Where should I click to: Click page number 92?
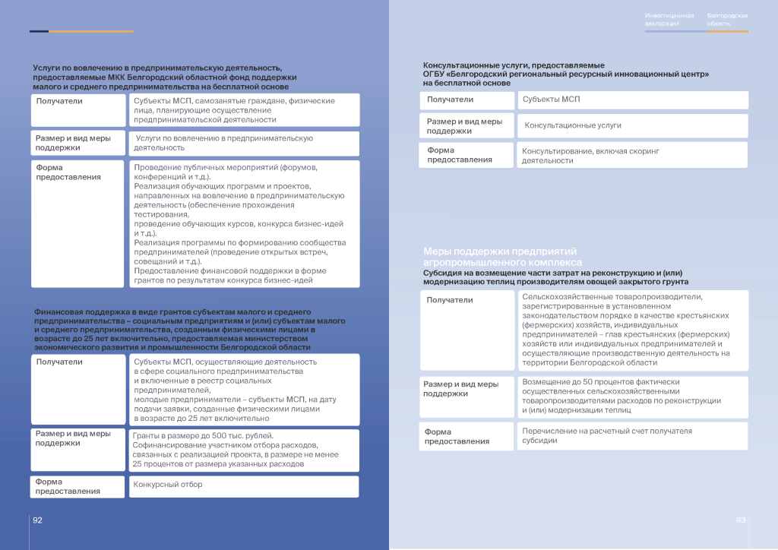[x=36, y=520]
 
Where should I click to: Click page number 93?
[x=741, y=520]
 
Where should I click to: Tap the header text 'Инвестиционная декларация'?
[x=669, y=20]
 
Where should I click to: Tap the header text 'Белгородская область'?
[x=727, y=20]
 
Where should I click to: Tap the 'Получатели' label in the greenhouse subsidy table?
[x=450, y=300]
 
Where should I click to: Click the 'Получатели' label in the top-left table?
[x=60, y=101]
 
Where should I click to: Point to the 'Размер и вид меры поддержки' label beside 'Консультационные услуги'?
[x=464, y=126]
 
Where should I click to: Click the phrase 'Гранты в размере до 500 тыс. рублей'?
[x=203, y=436]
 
